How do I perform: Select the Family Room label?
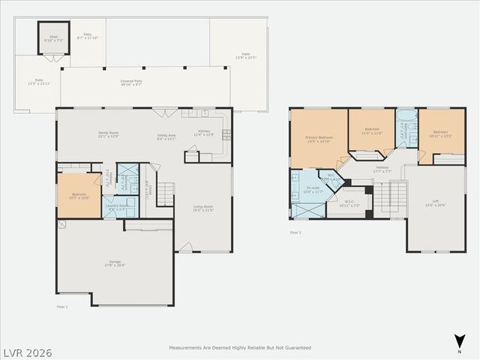(109, 135)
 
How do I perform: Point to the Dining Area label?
(166, 136)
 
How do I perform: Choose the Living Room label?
(203, 208)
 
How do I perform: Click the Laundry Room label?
(116, 207)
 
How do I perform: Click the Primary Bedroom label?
(319, 139)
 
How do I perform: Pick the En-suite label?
(314, 190)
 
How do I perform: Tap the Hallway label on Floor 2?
(382, 169)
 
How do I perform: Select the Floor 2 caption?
(295, 232)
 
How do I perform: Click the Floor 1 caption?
(62, 307)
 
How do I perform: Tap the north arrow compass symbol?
(459, 342)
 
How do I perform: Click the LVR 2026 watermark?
(26, 350)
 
